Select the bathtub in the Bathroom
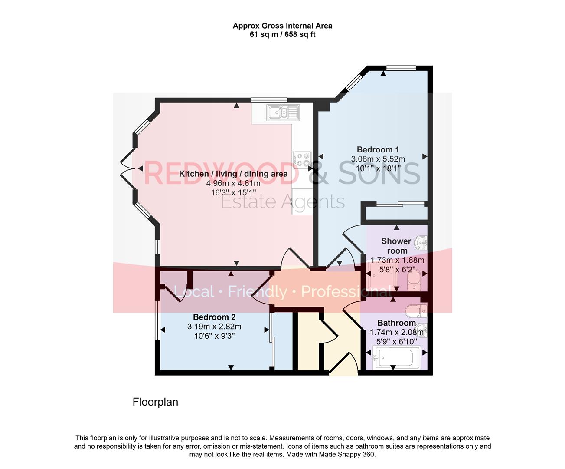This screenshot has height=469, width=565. pyautogui.click(x=397, y=358)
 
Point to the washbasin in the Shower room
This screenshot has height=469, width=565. pyautogui.click(x=421, y=242)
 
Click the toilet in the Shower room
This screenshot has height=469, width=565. pyautogui.click(x=414, y=280)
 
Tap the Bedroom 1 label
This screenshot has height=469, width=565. pyautogui.click(x=378, y=149)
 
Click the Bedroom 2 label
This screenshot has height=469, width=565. pyautogui.click(x=214, y=317)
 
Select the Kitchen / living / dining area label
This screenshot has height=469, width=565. pyautogui.click(x=233, y=174)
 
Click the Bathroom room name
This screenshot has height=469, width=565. pyautogui.click(x=396, y=323)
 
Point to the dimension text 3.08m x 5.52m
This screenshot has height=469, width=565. pyautogui.click(x=378, y=159)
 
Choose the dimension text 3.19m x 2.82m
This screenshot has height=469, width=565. pyautogui.click(x=214, y=327)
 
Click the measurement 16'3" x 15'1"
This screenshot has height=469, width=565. pyautogui.click(x=233, y=192)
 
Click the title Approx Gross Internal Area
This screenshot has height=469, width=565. pyautogui.click(x=282, y=26)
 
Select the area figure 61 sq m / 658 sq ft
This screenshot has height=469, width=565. pyautogui.click(x=282, y=34)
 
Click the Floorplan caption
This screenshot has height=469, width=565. pyautogui.click(x=155, y=402)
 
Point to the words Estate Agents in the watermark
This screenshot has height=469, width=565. pyautogui.click(x=283, y=202)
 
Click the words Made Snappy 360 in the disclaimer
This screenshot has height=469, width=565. pyautogui.click(x=346, y=455)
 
